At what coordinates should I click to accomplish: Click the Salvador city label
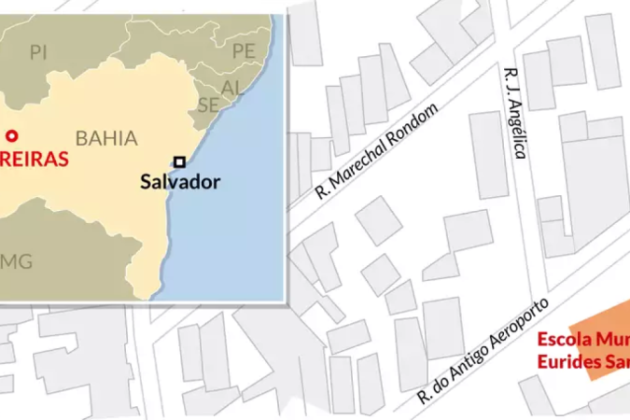(180, 181)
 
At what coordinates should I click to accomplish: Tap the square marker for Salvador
(179, 160)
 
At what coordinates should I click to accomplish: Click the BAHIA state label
(106, 138)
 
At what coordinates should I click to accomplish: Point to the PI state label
(38, 52)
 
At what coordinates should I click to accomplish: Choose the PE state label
(243, 50)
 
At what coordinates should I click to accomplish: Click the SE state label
(208, 105)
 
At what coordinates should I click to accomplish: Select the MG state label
(17, 260)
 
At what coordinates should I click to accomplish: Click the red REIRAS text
(33, 159)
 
